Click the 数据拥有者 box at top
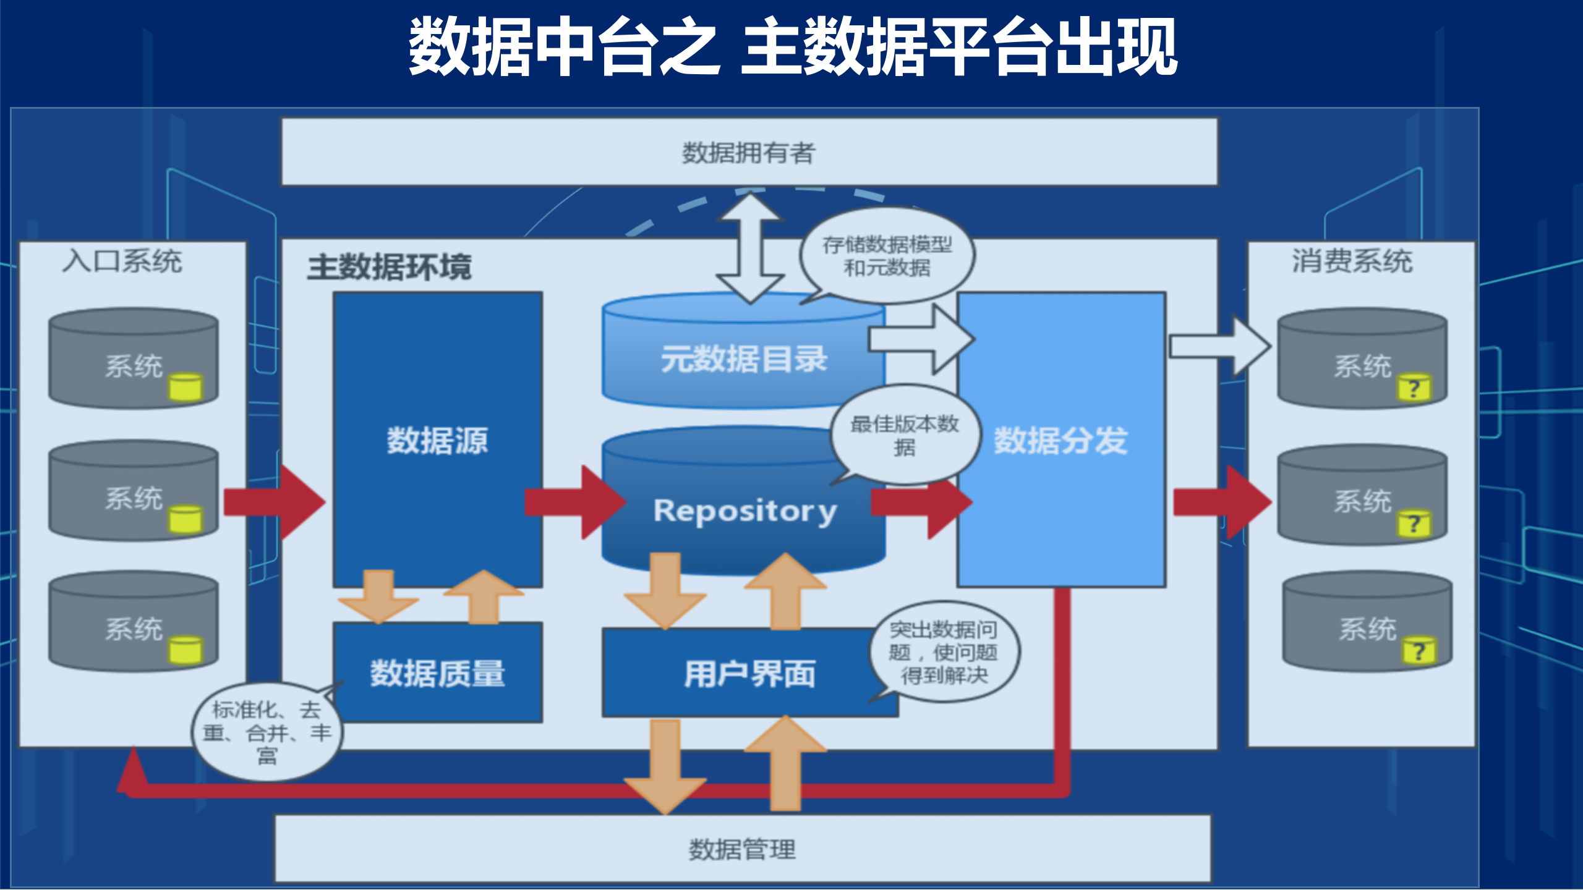pyautogui.click(x=749, y=152)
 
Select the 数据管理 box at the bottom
pyautogui.click(x=742, y=849)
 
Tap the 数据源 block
pyautogui.click(x=438, y=440)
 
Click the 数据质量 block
pyautogui.click(x=438, y=673)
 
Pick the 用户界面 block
pyautogui.click(x=749, y=673)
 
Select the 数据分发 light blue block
pyautogui.click(x=1061, y=440)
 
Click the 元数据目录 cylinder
pyautogui.click(x=743, y=359)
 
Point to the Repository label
pyautogui.click(x=745, y=511)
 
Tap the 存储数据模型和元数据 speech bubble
pyautogui.click(x=887, y=256)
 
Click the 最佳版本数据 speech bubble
pyautogui.click(x=905, y=434)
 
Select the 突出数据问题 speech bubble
pyautogui.click(x=944, y=652)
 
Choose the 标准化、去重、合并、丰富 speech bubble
pyautogui.click(x=267, y=732)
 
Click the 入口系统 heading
pyautogui.click(x=122, y=261)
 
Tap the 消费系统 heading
pyautogui.click(x=1352, y=261)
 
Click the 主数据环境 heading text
pyautogui.click(x=390, y=267)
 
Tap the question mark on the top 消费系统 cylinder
pyautogui.click(x=1414, y=389)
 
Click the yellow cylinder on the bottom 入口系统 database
pyautogui.click(x=185, y=650)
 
